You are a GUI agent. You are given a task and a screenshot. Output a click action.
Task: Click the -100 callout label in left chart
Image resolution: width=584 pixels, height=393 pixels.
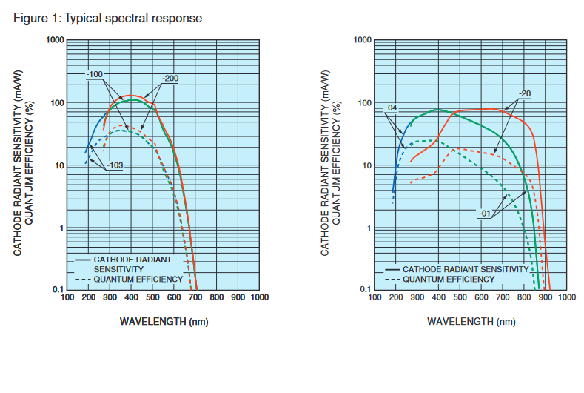[95, 74]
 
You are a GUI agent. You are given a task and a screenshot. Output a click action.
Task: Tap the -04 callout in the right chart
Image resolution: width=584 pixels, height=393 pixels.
[392, 108]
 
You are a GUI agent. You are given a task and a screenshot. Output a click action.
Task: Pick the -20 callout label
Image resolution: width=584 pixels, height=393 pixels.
[524, 93]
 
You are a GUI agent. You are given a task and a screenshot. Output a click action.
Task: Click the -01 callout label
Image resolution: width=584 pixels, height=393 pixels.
[486, 214]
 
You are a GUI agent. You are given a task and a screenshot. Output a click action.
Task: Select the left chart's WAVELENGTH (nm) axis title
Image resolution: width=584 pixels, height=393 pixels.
[163, 321]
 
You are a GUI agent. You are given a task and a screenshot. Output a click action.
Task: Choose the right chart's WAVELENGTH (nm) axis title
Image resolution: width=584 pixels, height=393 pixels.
[470, 321]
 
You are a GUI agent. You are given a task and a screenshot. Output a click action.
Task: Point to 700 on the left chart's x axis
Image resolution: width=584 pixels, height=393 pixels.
[195, 297]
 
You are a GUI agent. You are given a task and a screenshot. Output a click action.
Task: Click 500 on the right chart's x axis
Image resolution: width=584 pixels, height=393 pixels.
[460, 297]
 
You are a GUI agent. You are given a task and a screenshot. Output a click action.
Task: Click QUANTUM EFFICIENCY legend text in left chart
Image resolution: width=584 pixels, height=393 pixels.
[138, 279]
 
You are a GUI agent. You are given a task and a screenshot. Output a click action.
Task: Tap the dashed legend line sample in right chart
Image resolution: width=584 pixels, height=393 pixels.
[392, 279]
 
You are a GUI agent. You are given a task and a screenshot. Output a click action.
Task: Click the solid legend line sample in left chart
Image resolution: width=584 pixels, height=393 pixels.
[82, 260]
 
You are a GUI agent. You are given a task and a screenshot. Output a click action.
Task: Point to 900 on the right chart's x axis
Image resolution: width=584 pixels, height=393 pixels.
[545, 297]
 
